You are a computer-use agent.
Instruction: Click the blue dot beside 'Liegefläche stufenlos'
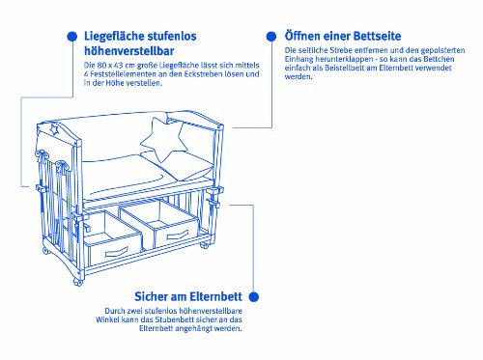[72, 37]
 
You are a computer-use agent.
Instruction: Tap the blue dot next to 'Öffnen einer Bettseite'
[271, 37]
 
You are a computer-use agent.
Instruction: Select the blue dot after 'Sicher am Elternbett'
[254, 296]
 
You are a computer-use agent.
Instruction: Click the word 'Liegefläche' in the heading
[112, 36]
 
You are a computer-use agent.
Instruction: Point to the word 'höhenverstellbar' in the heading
[129, 51]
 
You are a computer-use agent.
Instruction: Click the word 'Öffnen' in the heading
[302, 36]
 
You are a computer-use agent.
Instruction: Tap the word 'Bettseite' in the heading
[377, 36]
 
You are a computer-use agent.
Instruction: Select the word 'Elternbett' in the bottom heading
[215, 296]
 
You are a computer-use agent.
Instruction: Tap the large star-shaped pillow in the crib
[164, 139]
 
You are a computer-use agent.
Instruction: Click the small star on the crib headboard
[54, 129]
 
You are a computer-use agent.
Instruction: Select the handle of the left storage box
[117, 251]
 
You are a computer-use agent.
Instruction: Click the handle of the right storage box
[178, 235]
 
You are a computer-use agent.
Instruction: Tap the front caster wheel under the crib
[77, 282]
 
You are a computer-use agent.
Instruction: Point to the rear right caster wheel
[204, 245]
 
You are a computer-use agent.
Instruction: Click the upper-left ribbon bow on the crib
[43, 155]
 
